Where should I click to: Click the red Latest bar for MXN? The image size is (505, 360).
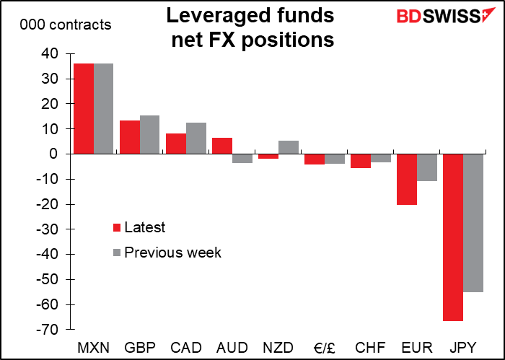click(x=84, y=108)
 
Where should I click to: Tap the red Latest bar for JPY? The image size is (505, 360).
click(x=453, y=237)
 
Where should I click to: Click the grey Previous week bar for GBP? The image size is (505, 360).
click(x=149, y=134)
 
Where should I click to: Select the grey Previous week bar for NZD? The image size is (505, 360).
click(x=288, y=147)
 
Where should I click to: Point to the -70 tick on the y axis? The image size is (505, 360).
click(x=48, y=330)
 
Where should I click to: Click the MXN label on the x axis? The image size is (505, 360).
click(x=94, y=347)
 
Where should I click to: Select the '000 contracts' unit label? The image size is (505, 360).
click(x=66, y=25)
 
